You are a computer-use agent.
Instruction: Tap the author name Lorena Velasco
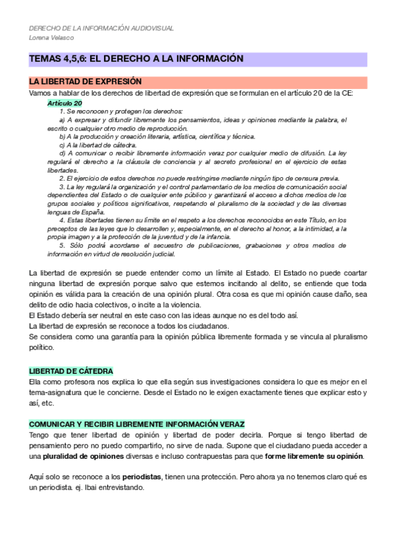click(x=51, y=38)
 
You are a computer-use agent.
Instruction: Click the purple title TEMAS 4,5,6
click(x=136, y=59)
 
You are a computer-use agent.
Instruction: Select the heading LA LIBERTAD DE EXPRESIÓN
click(x=86, y=81)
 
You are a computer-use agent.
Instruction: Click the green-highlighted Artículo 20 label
click(x=65, y=103)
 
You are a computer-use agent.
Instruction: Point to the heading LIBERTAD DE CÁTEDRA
click(x=71, y=371)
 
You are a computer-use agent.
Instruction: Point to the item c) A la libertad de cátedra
click(x=98, y=144)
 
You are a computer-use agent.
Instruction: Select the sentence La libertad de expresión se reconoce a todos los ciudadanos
click(x=129, y=326)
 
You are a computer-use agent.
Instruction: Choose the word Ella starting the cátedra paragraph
click(x=38, y=382)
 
